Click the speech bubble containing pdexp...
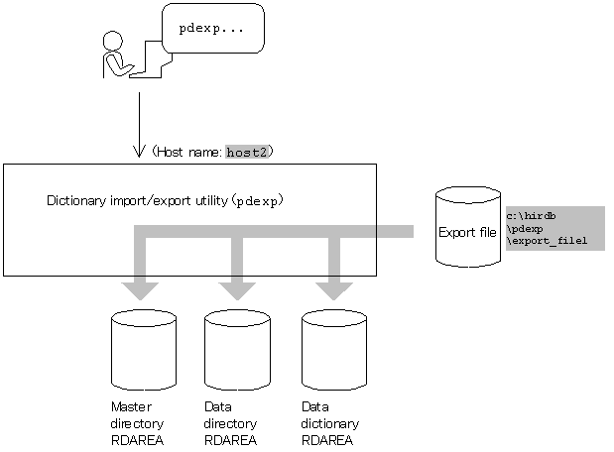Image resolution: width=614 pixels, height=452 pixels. tap(212, 28)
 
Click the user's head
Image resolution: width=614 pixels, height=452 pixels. tap(113, 42)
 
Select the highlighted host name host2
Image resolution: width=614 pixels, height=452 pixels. tap(247, 152)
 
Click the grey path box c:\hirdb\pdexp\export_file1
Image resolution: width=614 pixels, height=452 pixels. tap(553, 228)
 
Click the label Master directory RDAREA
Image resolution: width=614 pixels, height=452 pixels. tap(137, 423)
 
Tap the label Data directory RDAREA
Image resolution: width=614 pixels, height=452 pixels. tap(230, 423)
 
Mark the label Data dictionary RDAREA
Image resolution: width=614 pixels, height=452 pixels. tap(329, 423)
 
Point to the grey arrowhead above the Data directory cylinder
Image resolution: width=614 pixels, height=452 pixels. tap(237, 289)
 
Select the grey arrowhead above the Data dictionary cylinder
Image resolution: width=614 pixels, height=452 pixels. tap(333, 289)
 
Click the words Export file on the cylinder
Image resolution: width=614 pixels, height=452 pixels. tap(468, 233)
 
